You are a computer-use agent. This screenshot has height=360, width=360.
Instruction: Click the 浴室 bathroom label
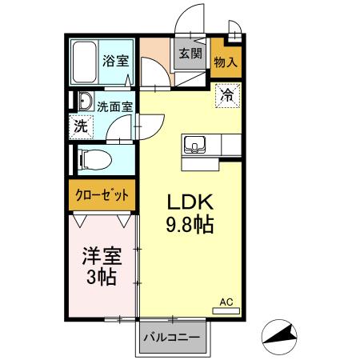coord(115,60)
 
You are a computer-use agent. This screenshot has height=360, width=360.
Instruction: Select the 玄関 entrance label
coord(190,55)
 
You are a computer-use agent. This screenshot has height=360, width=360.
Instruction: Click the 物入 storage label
coord(226,62)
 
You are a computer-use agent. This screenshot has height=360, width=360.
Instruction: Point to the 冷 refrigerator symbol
coord(227,95)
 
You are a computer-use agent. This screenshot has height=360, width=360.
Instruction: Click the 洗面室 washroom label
coord(114,105)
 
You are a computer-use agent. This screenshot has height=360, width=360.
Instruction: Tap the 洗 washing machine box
coord(81,126)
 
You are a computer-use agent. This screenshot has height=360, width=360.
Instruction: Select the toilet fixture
coord(93,158)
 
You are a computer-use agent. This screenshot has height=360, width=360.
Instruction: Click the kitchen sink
coord(195,145)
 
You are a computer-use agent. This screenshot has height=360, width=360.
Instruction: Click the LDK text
coord(189,202)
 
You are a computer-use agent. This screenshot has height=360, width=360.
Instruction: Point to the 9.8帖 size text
coord(189,225)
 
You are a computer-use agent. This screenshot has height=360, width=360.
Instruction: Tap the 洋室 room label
coord(102,258)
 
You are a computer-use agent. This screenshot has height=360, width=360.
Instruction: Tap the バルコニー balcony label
coord(171,337)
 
